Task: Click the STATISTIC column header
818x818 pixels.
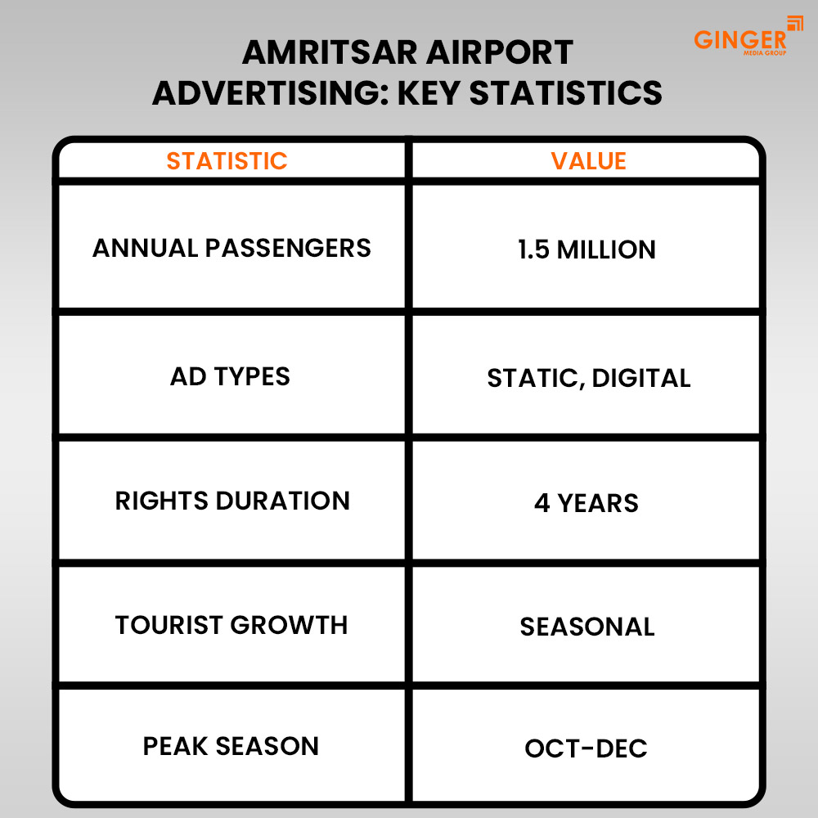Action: (x=227, y=161)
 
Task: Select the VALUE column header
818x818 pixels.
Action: (x=588, y=161)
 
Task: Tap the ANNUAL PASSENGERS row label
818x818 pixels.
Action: (x=231, y=248)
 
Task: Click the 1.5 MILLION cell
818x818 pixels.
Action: (x=587, y=249)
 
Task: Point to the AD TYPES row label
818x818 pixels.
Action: (x=230, y=377)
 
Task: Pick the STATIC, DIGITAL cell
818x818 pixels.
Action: (x=588, y=378)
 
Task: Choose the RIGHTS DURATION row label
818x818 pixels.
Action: (x=232, y=501)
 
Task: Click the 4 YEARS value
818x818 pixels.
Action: (x=586, y=502)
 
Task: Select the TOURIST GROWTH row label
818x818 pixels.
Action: (x=231, y=625)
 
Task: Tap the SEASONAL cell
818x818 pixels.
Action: (x=587, y=627)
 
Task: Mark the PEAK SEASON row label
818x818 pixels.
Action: (x=231, y=746)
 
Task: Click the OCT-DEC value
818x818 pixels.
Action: (x=586, y=748)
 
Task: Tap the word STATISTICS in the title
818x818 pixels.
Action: (x=566, y=93)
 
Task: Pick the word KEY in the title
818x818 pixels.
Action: (x=430, y=93)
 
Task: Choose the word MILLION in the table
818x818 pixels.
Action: (x=606, y=249)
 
